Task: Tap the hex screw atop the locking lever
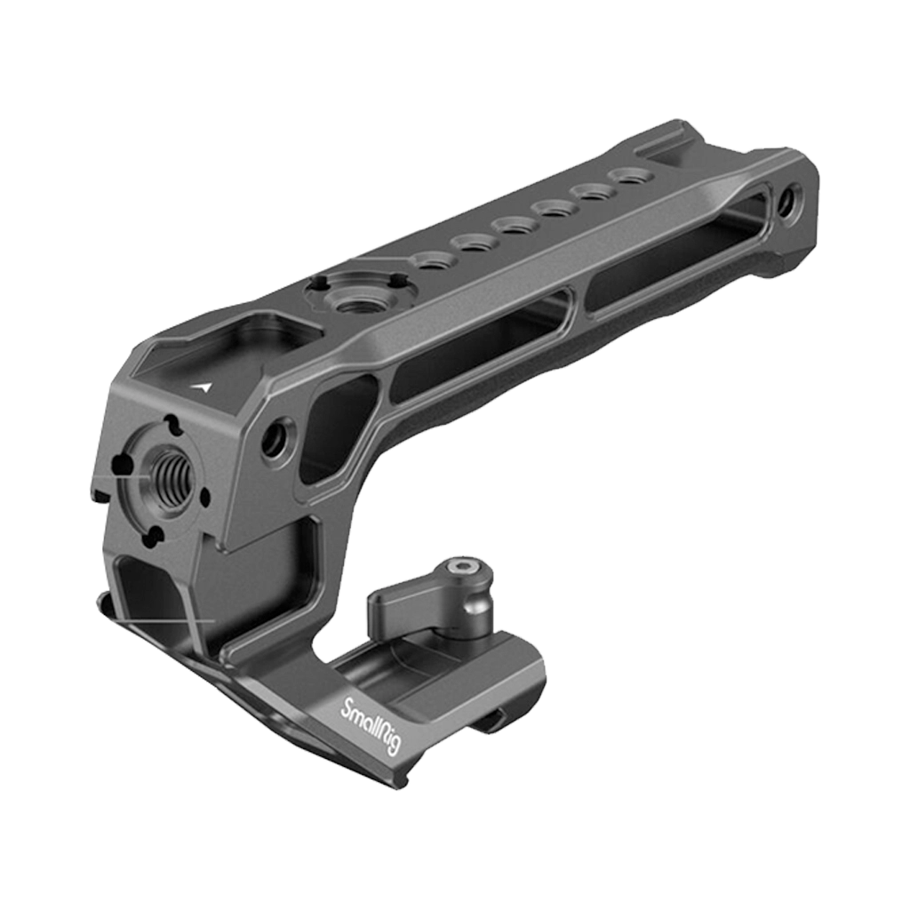coord(460,566)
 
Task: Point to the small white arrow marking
coord(205,387)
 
